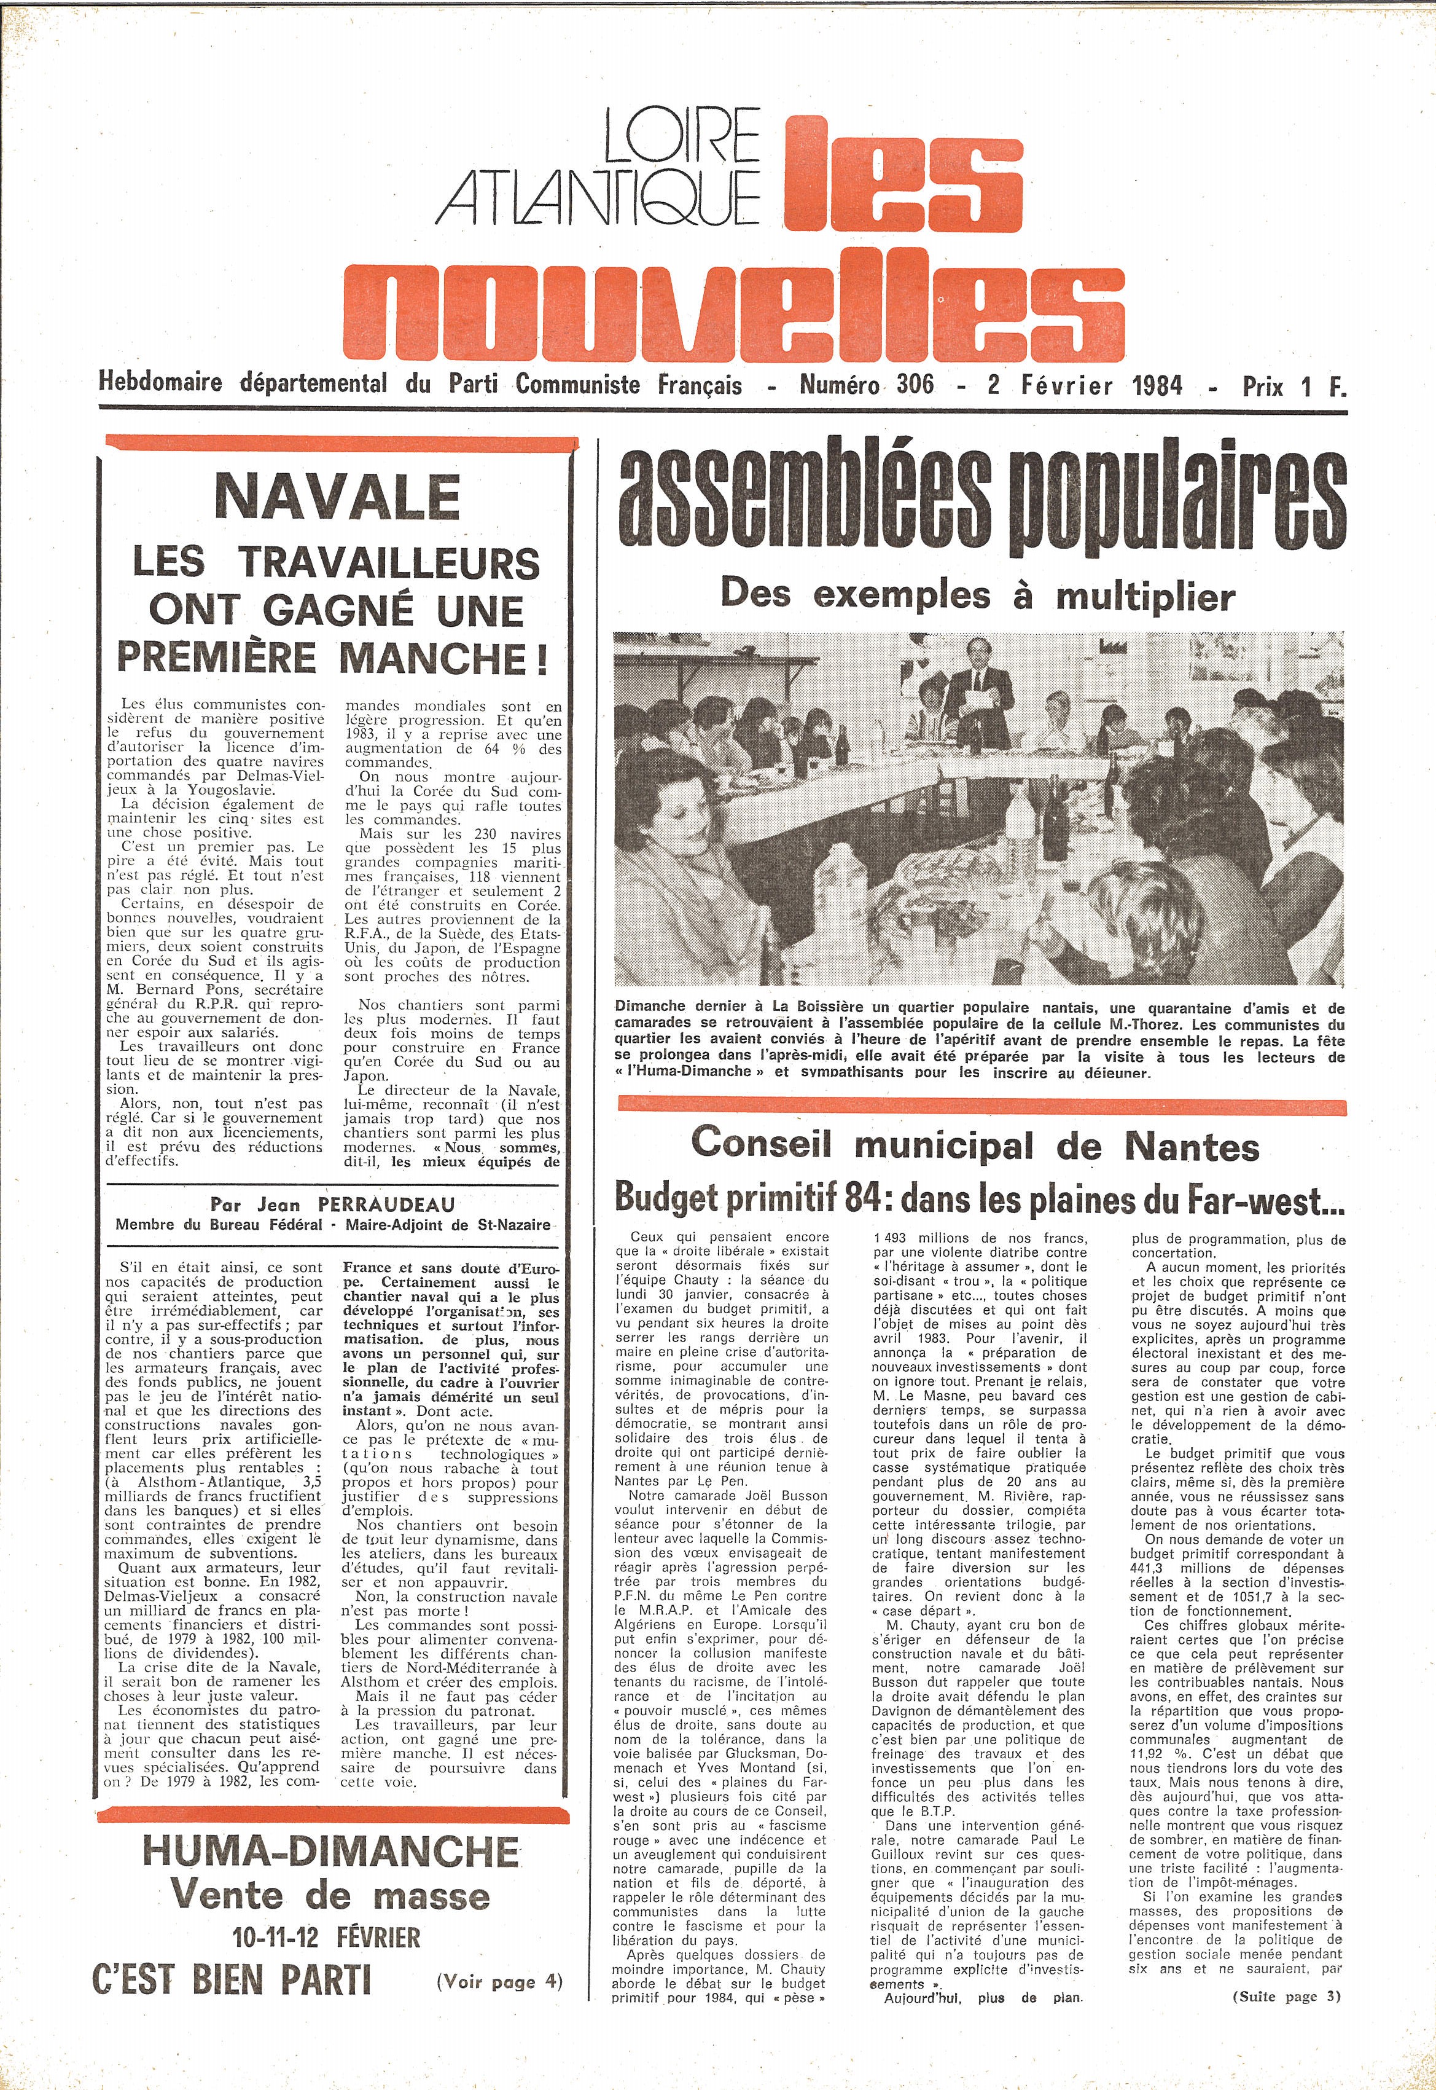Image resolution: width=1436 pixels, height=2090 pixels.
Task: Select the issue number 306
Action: tap(915, 385)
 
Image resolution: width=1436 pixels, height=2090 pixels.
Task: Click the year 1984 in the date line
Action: tap(1157, 385)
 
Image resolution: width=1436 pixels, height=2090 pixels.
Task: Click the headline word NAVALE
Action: tap(337, 498)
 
